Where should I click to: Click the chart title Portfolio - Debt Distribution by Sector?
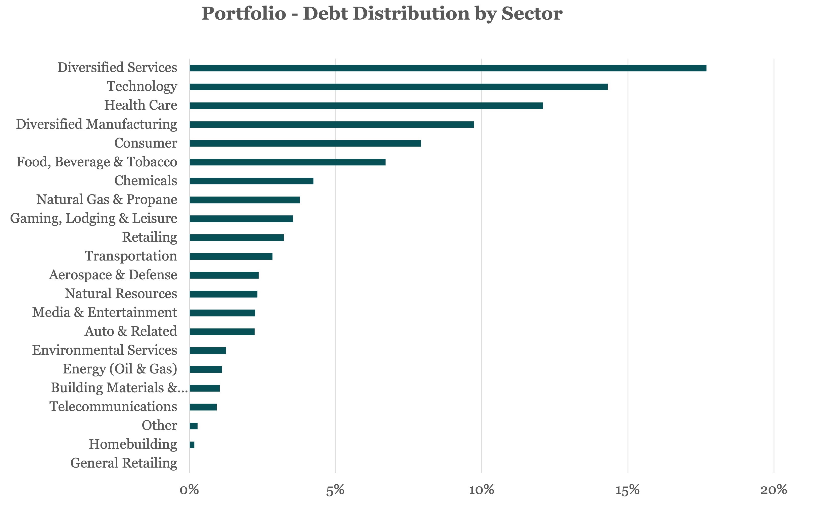point(381,14)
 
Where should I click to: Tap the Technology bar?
point(398,87)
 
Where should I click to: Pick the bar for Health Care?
point(366,106)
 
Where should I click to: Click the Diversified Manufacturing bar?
point(331,125)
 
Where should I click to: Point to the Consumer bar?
point(305,144)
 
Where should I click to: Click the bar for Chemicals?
point(251,181)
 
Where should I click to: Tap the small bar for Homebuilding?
point(192,445)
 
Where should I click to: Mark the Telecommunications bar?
point(203,407)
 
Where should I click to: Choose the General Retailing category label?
point(124,463)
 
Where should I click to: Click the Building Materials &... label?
point(119,388)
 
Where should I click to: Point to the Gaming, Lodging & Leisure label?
point(93,219)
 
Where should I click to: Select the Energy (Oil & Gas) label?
point(120,369)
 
